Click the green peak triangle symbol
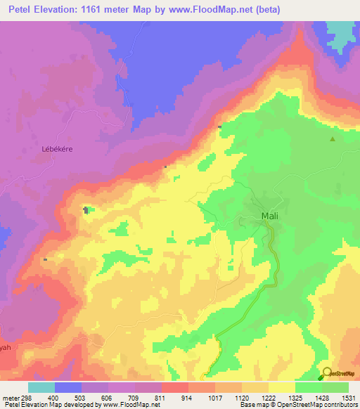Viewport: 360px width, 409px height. click(333, 138)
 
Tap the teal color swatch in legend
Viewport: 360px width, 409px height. click(41, 387)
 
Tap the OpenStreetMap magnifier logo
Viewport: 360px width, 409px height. click(328, 373)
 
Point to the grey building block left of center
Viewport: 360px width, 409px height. click(86, 209)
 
